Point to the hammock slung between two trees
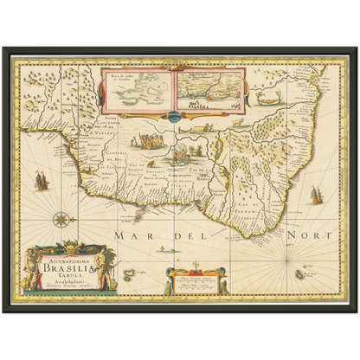(196, 129)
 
